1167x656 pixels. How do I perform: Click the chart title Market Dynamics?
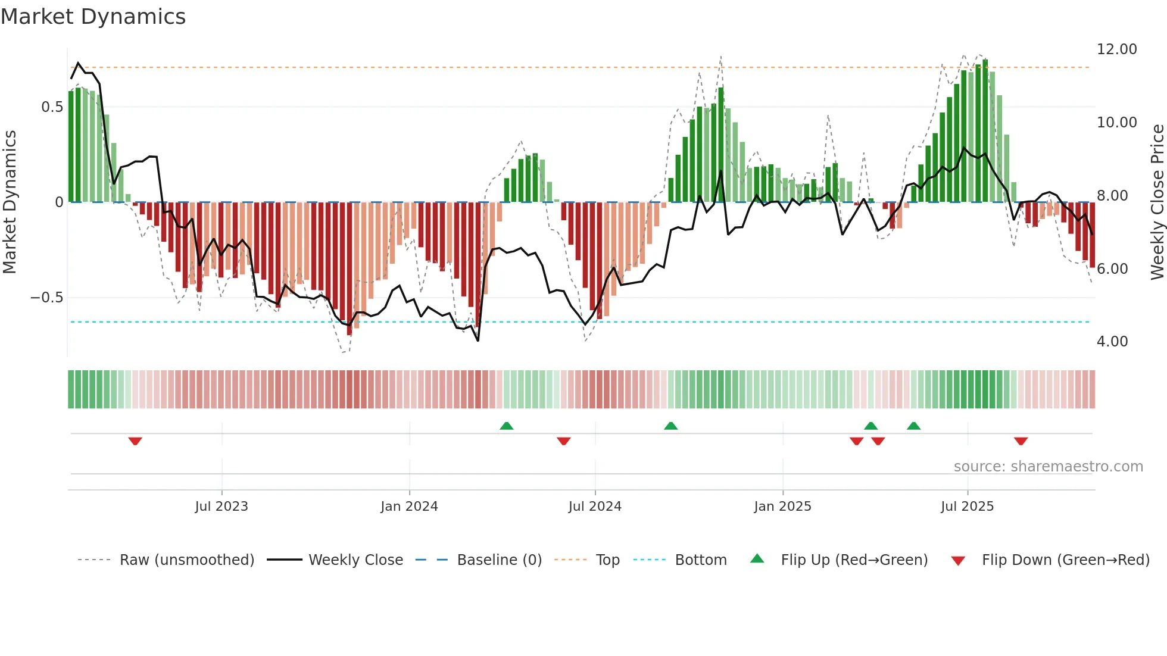pyautogui.click(x=93, y=17)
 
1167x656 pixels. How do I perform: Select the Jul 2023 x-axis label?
pyautogui.click(x=221, y=507)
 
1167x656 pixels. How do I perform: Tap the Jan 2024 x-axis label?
pyautogui.click(x=409, y=507)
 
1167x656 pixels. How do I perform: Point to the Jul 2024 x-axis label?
pyautogui.click(x=595, y=507)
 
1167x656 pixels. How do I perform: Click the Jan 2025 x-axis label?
pyautogui.click(x=782, y=507)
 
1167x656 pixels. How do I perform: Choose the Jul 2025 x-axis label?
pyautogui.click(x=967, y=507)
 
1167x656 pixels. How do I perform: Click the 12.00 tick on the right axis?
pyautogui.click(x=1116, y=49)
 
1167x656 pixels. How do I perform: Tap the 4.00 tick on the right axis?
pyautogui.click(x=1112, y=342)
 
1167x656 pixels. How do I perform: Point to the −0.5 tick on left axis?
pyautogui.click(x=46, y=298)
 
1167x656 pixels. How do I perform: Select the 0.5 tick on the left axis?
pyautogui.click(x=52, y=107)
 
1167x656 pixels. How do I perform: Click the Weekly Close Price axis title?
pyautogui.click(x=1157, y=202)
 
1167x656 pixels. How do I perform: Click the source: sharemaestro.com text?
pyautogui.click(x=1048, y=467)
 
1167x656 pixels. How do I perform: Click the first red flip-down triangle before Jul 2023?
pyautogui.click(x=135, y=441)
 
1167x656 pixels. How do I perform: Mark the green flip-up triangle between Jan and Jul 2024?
pyautogui.click(x=506, y=426)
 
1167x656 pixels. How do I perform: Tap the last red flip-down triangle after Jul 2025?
pyautogui.click(x=1021, y=441)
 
